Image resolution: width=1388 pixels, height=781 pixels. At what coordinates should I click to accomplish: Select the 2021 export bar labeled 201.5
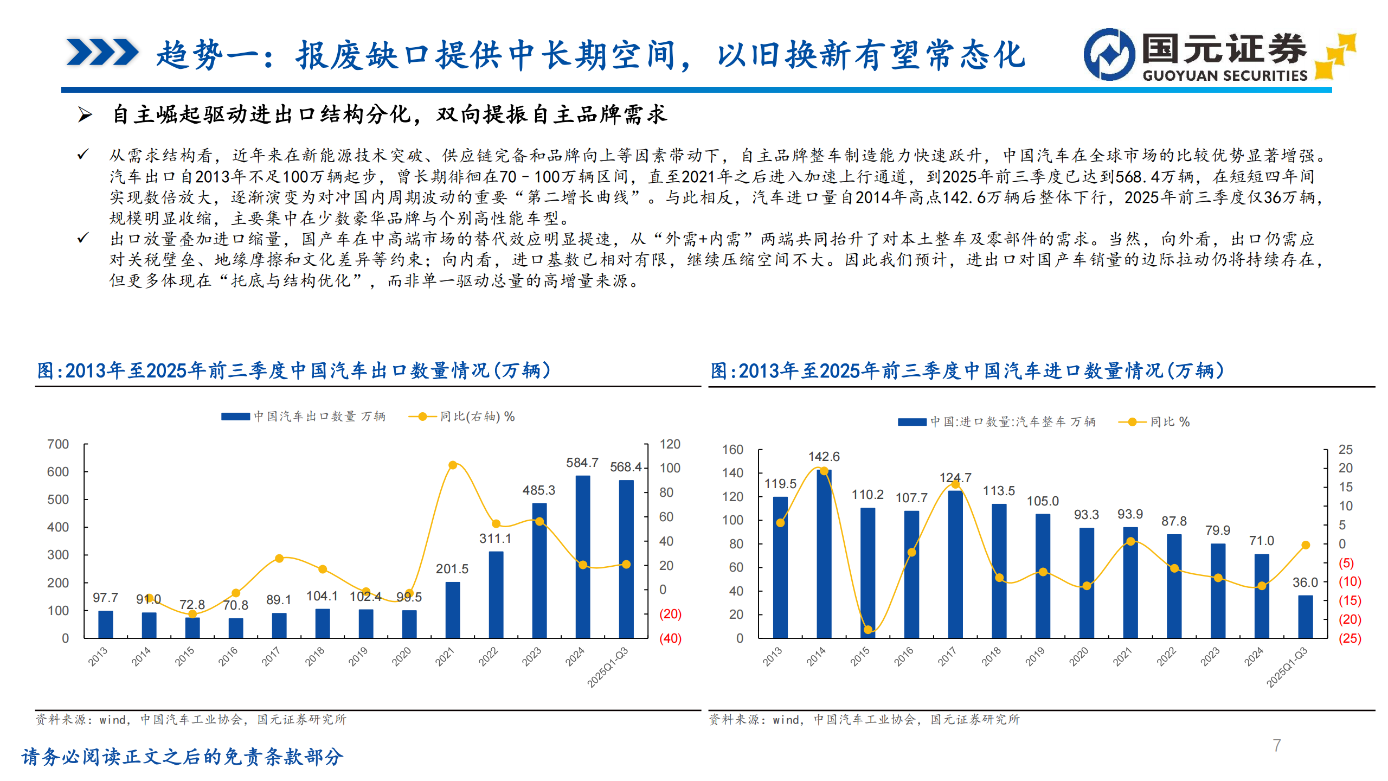tap(452, 610)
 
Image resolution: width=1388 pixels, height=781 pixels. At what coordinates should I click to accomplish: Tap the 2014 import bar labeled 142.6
tap(824, 553)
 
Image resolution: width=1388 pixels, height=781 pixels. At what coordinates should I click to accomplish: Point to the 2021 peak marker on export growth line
tap(453, 465)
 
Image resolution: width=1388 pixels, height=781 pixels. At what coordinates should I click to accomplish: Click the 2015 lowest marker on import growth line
tap(868, 630)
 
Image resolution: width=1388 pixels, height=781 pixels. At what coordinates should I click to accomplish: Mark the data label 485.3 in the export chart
tap(538, 490)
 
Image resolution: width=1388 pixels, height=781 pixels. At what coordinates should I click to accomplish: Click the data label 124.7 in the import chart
tap(955, 478)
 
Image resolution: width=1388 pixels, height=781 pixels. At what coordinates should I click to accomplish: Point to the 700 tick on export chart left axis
tap(58, 444)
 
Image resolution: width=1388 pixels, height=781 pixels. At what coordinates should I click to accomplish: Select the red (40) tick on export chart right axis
tap(670, 638)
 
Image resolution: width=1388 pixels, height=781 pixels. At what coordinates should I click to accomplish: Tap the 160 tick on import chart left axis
tap(732, 450)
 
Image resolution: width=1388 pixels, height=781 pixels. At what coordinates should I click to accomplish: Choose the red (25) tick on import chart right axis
tap(1350, 638)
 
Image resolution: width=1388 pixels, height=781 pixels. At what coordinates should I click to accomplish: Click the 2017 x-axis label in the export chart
tap(271, 656)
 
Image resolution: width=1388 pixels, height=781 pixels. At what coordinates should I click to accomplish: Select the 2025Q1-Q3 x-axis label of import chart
tap(1287, 667)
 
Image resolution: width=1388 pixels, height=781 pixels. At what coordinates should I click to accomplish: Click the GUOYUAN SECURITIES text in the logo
tap(1225, 75)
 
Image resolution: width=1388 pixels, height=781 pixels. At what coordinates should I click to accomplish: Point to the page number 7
tap(1277, 745)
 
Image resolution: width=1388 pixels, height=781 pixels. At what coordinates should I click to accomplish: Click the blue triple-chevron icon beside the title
tap(102, 53)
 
